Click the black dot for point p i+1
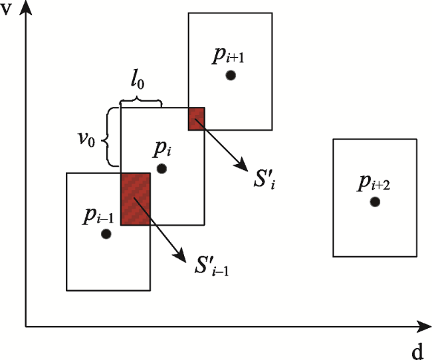pos(231,75)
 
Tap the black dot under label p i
pos(162,169)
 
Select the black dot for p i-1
pos(106,234)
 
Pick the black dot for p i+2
pos(375,202)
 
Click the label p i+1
pos(228,56)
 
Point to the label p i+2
pos(374,183)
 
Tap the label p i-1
pos(98,216)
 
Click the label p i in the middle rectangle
pos(162,149)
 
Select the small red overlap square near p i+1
pos(197,119)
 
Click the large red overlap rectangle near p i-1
pos(136,199)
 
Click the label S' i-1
pos(211,266)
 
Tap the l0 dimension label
pos(137,81)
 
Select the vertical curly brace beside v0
pos(110,137)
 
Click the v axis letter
pos(6,9)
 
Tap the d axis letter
pos(417,351)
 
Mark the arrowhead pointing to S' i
pos(241,165)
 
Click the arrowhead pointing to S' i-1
pos(180,255)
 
